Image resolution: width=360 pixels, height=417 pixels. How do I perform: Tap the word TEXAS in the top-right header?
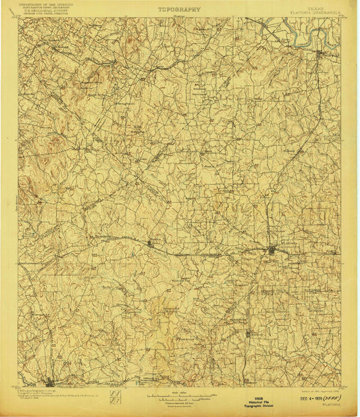point(315,9)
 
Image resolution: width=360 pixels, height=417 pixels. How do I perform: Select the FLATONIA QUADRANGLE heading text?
point(315,13)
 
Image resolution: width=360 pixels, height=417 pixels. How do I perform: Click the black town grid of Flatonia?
point(272,251)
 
